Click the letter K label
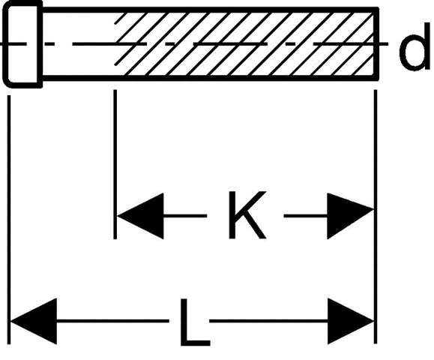(247, 215)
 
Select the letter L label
(195, 322)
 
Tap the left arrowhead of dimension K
(140, 216)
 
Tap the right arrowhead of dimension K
(350, 216)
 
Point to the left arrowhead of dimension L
(34, 321)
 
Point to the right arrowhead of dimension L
(351, 321)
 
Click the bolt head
(22, 44)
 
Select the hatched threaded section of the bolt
(245, 43)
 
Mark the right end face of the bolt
(376, 43)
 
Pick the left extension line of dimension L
(9, 220)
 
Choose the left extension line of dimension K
(115, 164)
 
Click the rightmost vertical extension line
(376, 217)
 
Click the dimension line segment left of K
(185, 216)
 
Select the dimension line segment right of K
(306, 216)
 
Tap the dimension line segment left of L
(112, 321)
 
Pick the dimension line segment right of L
(268, 321)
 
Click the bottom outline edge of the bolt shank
(211, 78)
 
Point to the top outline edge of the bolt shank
(211, 10)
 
